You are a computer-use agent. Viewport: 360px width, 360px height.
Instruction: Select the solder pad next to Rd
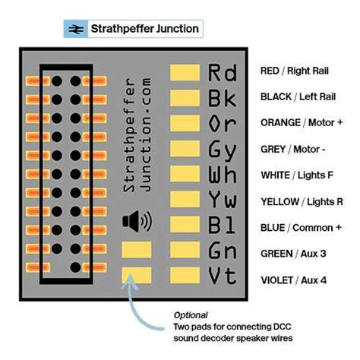(183, 71)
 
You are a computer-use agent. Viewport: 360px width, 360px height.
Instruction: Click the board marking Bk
(222, 97)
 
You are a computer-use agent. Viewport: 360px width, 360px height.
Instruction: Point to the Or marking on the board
(222, 123)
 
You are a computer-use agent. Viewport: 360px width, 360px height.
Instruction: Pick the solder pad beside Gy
(183, 149)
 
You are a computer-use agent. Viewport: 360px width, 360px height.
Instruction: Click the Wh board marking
(222, 175)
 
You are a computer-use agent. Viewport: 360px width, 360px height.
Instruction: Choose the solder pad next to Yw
(183, 201)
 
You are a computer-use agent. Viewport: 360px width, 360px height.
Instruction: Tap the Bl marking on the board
(222, 226)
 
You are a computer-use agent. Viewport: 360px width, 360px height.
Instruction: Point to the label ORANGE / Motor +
(300, 123)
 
